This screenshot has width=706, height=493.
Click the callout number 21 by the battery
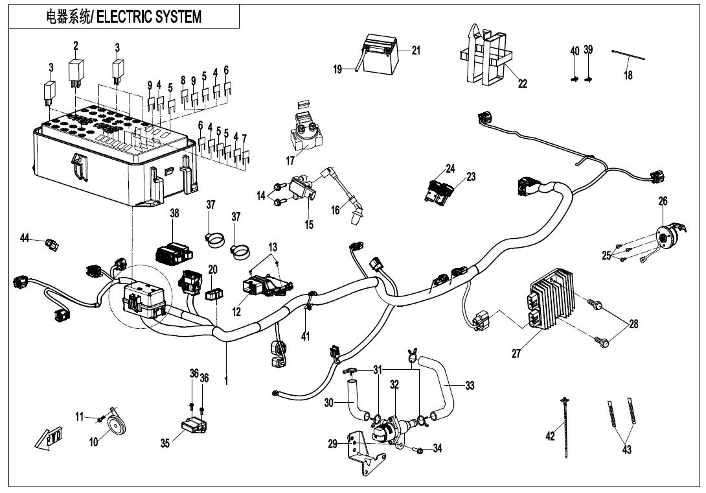(x=415, y=51)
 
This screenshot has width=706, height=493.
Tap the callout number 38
(x=174, y=213)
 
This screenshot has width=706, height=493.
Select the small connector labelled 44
(x=51, y=245)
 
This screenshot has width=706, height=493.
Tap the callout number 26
(x=663, y=202)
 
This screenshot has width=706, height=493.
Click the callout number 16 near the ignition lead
(x=335, y=210)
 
